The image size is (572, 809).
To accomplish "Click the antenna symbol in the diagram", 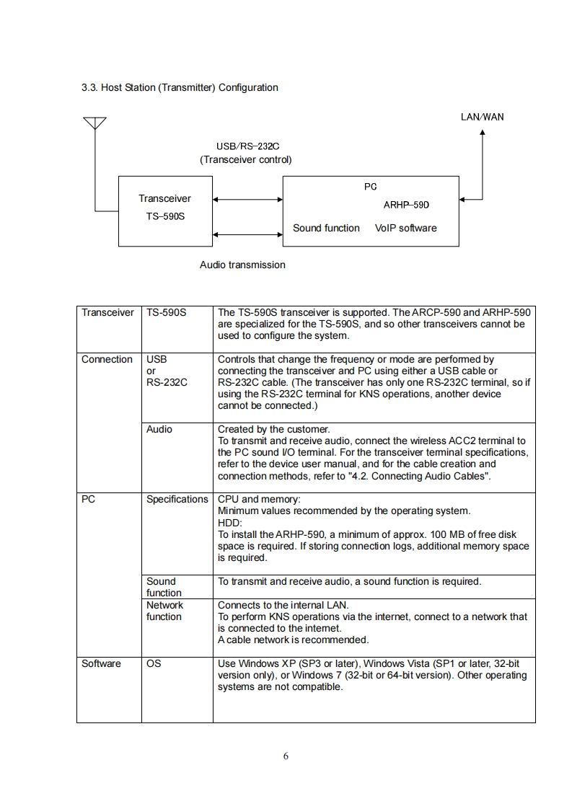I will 94,123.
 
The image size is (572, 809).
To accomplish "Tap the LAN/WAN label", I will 482,117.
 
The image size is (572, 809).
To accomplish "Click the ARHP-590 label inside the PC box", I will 406,205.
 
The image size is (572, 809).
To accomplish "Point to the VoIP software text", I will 405,228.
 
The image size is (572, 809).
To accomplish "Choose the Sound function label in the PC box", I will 326,228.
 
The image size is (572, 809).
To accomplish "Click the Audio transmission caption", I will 242,265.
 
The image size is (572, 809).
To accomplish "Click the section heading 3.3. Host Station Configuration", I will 180,87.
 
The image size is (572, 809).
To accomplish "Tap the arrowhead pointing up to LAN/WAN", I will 483,133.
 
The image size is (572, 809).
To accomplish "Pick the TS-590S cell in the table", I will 166,313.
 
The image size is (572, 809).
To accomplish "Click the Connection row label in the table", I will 107,359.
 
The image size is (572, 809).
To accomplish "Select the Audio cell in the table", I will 159,429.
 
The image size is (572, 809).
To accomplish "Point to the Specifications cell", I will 177,499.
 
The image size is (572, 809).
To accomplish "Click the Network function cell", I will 164,611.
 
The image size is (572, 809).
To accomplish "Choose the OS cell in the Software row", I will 154,663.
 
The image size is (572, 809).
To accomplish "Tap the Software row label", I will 101,663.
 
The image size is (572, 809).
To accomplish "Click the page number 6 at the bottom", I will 286,756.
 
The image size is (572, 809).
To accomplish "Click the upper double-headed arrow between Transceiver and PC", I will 247,199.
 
